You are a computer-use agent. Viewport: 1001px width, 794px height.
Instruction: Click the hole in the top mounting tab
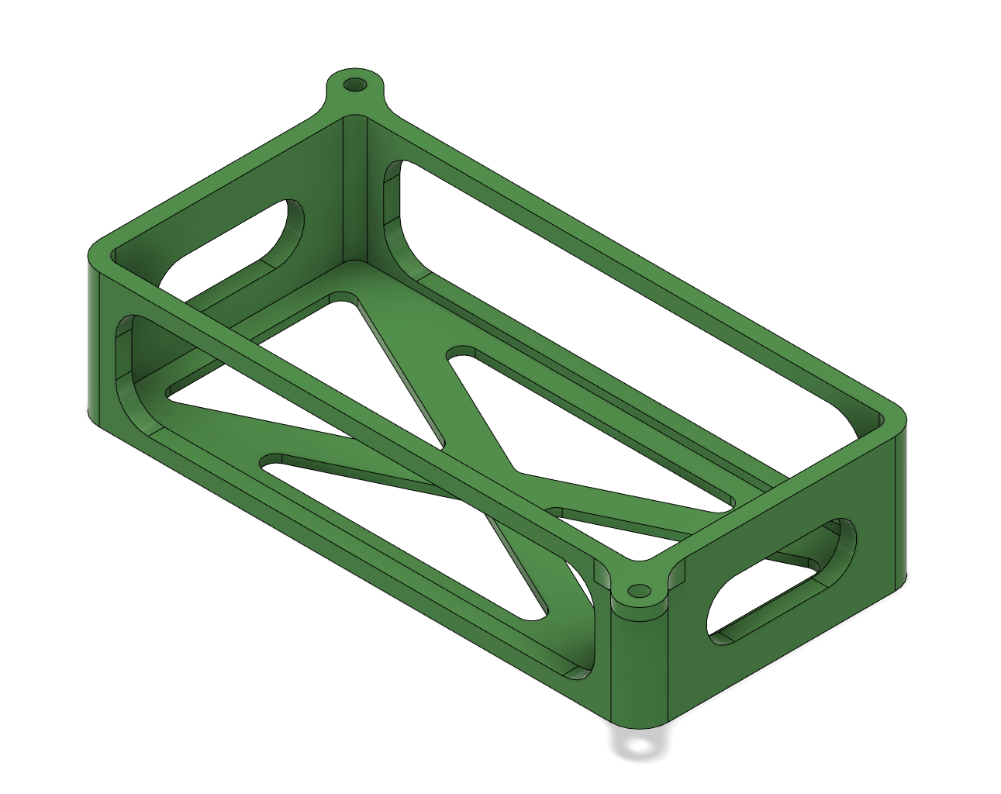(356, 84)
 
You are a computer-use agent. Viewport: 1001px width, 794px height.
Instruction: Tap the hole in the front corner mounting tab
(639, 592)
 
